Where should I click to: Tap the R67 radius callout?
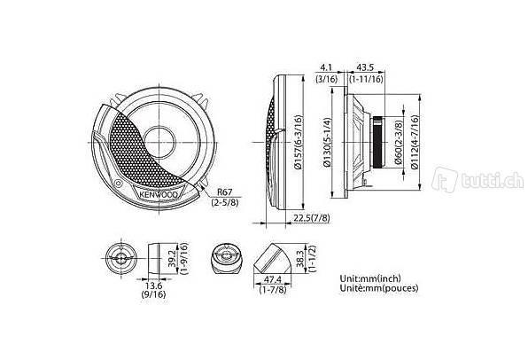tap(225, 192)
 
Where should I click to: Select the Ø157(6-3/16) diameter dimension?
tap(299, 142)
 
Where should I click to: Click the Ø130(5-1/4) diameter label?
tap(327, 142)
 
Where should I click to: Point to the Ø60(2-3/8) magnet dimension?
tap(399, 142)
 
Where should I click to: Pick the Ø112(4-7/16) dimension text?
tap(415, 142)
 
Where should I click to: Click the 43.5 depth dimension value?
tap(365, 67)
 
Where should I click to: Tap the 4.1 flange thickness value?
tap(326, 67)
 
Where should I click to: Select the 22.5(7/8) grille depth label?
tap(312, 218)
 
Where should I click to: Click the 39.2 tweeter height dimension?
tap(173, 259)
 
